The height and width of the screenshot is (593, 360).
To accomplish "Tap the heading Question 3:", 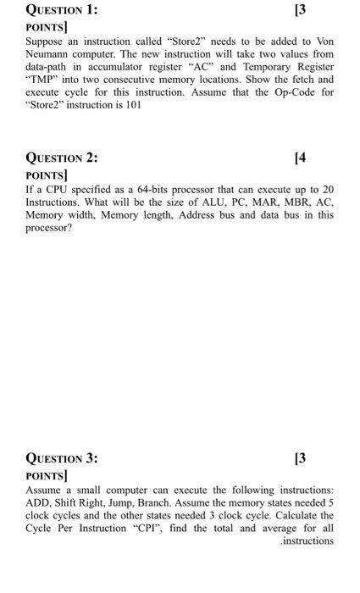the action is tap(61, 459).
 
